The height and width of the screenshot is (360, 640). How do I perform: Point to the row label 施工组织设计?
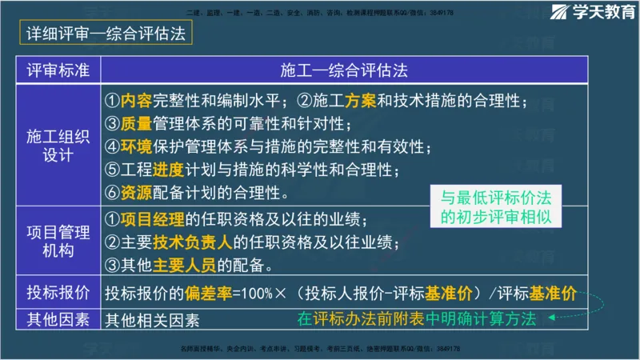(x=58, y=144)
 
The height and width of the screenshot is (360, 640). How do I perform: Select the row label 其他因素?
(x=58, y=318)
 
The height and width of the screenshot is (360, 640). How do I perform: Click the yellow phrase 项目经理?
(x=152, y=218)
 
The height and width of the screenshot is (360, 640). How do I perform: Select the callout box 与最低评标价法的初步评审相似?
(x=500, y=207)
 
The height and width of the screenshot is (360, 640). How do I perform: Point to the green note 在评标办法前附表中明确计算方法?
(x=416, y=318)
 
